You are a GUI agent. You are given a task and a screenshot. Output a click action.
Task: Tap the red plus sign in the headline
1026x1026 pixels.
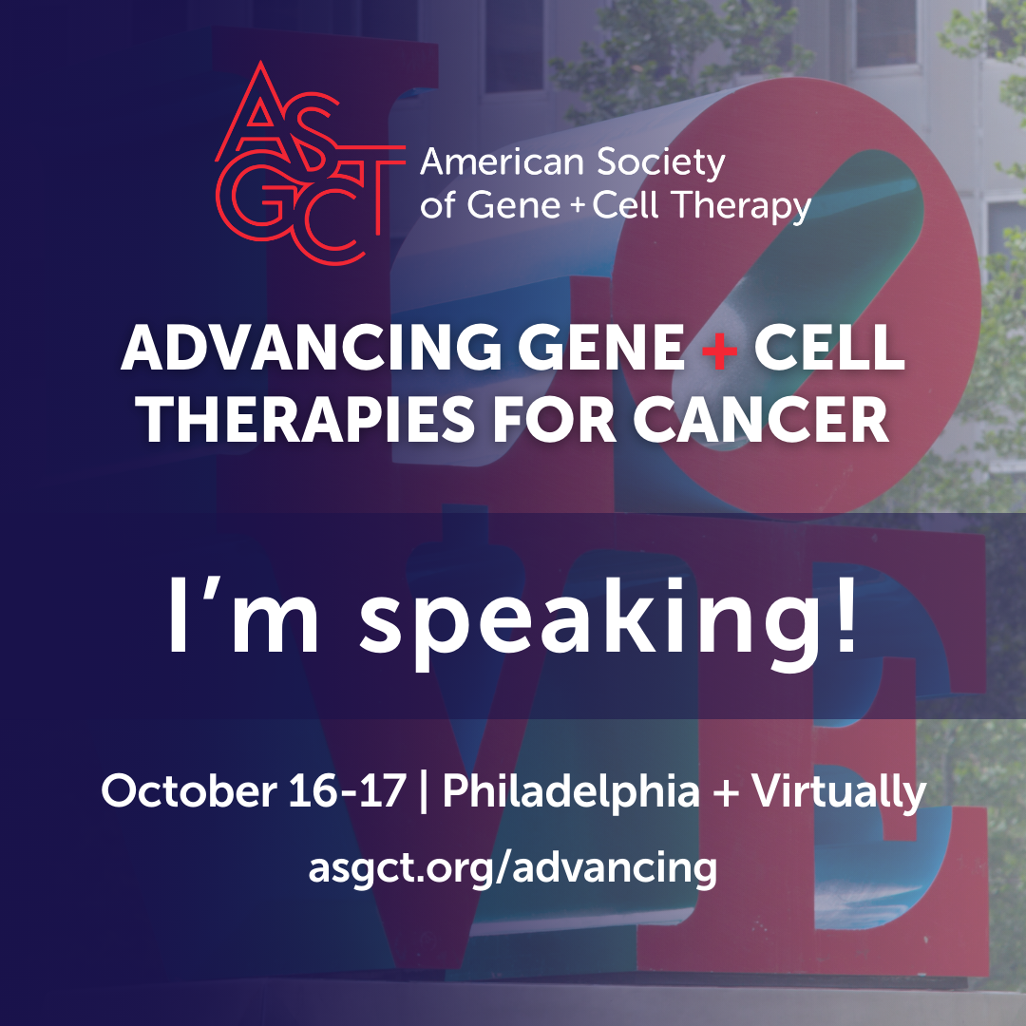(x=719, y=349)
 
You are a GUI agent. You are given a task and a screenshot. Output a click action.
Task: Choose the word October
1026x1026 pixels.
(x=189, y=791)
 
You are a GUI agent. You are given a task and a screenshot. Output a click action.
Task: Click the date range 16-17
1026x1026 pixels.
(x=347, y=791)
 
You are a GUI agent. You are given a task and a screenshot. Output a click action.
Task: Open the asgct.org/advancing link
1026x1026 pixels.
(x=513, y=868)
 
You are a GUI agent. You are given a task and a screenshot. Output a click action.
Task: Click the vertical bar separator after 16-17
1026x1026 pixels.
(x=424, y=792)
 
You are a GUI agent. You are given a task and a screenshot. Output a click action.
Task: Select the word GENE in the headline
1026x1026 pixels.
(x=601, y=349)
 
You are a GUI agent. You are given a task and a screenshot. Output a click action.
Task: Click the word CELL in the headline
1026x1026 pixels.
(x=829, y=349)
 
